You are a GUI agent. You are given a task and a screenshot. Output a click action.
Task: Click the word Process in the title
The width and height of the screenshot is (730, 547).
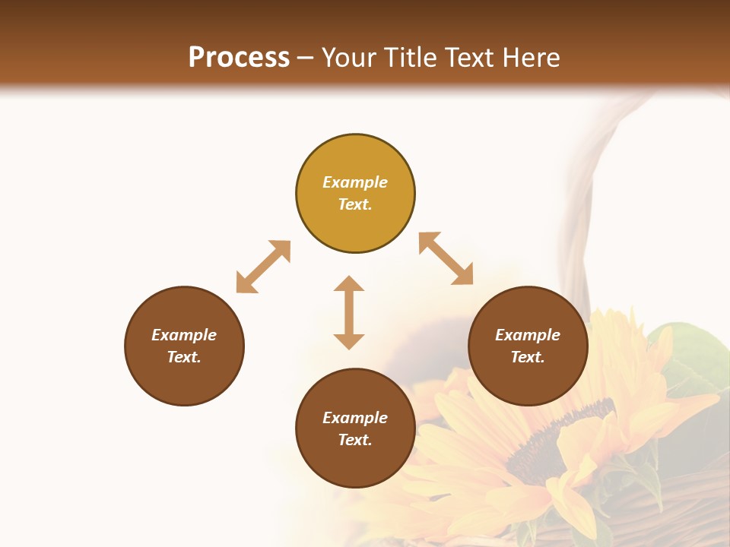pyautogui.click(x=239, y=58)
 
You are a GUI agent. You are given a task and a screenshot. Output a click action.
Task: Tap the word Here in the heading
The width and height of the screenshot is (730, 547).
pyautogui.click(x=530, y=58)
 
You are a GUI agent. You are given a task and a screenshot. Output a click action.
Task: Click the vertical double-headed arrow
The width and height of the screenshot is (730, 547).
pyautogui.click(x=349, y=312)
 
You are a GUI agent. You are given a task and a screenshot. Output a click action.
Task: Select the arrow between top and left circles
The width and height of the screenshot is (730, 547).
pyautogui.click(x=263, y=267)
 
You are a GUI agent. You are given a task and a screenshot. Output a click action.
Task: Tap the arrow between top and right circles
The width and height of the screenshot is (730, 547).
pyautogui.click(x=446, y=258)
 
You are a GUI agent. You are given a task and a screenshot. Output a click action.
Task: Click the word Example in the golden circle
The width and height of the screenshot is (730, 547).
pyautogui.click(x=355, y=182)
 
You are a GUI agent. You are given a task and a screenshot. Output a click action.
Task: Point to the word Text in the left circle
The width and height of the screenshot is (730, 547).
pyautogui.click(x=184, y=357)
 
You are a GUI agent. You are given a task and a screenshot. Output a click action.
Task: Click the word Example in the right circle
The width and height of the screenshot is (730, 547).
pyautogui.click(x=528, y=335)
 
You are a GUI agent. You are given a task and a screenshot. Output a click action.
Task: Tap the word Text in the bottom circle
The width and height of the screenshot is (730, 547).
pyautogui.click(x=355, y=440)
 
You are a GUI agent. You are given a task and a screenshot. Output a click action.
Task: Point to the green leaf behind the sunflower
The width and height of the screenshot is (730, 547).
pyautogui.click(x=688, y=357)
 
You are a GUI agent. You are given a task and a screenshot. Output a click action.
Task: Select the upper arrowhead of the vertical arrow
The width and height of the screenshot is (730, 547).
pyautogui.click(x=349, y=285)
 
